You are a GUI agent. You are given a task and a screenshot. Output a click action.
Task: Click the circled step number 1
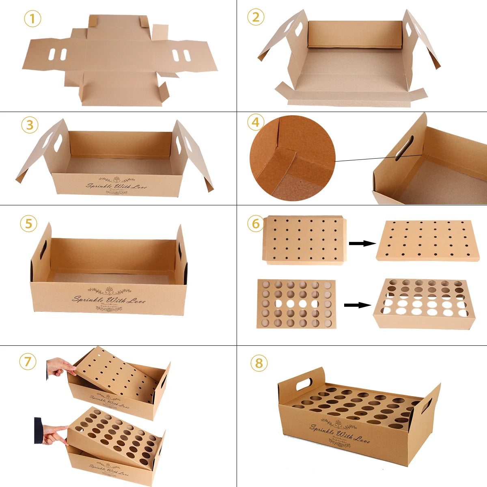click(x=32, y=19)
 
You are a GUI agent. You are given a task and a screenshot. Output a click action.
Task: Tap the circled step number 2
click(x=256, y=17)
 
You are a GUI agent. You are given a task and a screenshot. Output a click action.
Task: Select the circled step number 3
click(x=30, y=125)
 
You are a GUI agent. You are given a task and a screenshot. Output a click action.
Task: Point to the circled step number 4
click(x=256, y=122)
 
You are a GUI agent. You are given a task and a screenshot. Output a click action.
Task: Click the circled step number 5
click(x=28, y=224)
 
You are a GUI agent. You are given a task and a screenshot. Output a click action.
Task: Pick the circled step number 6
click(x=256, y=224)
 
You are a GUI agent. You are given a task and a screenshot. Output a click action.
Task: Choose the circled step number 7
click(x=28, y=361)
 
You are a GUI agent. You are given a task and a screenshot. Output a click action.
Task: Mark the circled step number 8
click(x=259, y=363)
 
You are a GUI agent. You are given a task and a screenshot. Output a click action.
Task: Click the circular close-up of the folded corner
click(x=292, y=158)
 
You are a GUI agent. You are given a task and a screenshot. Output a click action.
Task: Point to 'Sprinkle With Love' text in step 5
click(x=108, y=300)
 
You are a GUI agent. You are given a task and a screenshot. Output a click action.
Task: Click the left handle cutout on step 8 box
click(x=304, y=384)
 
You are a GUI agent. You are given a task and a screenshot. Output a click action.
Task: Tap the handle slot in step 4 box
click(x=404, y=148)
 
